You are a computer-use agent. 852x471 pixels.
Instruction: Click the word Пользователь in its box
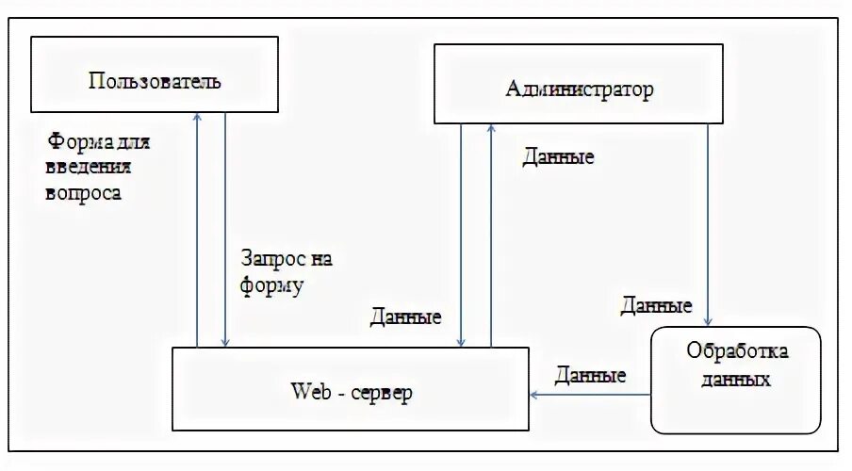(155, 81)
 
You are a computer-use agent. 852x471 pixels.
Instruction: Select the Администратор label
(579, 90)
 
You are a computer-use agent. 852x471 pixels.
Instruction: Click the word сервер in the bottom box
(381, 391)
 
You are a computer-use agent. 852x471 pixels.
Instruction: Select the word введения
(88, 169)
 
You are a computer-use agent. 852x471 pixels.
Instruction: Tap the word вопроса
(83, 193)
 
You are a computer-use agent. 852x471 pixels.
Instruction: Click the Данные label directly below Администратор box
(558, 156)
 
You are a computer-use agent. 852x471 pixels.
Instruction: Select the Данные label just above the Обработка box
(656, 305)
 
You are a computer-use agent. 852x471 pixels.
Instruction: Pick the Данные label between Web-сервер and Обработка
(590, 375)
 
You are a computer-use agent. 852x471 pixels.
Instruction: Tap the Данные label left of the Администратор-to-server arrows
(406, 317)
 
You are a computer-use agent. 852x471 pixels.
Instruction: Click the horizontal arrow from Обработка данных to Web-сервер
(590, 395)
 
